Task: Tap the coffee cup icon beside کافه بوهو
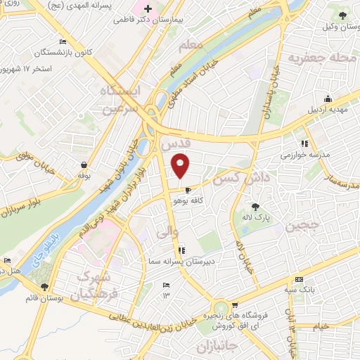[x=187, y=190]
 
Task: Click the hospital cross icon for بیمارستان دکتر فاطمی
[x=147, y=9]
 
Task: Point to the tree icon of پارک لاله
[x=256, y=207]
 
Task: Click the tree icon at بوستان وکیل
[x=342, y=15]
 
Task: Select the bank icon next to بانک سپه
[x=299, y=279]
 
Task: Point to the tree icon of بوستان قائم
[x=44, y=286]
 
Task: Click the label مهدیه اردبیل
[x=326, y=110]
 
